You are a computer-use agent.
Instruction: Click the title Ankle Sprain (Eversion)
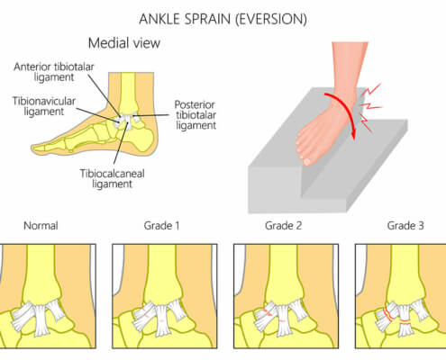coord(223,20)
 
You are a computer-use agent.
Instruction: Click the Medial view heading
coord(124,43)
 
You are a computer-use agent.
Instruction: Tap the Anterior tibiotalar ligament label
coord(54,72)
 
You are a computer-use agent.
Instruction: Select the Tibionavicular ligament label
coord(44,106)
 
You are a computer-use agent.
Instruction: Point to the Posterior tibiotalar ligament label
coord(196,115)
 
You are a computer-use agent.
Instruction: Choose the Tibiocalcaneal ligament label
coord(112,178)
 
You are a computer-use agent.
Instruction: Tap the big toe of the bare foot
coord(306,161)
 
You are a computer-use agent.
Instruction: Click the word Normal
coord(41,226)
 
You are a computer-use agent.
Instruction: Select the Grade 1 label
coord(161,226)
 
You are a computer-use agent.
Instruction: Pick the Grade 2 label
coord(283,226)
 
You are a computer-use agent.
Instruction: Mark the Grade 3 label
coord(405,226)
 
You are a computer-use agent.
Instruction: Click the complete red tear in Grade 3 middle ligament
coord(405,322)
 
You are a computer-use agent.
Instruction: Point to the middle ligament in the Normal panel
coord(41,320)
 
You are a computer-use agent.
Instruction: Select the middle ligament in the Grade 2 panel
coord(284,320)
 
